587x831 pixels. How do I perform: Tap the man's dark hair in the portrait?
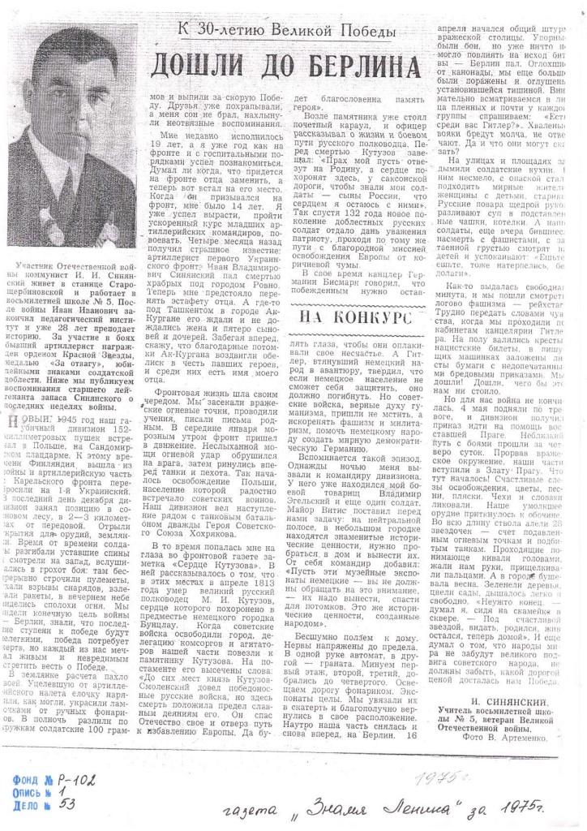click(x=81, y=41)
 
